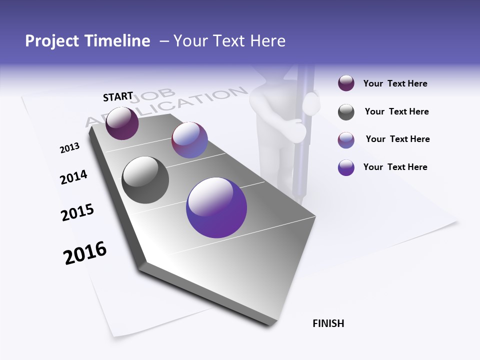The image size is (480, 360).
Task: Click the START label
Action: click(x=118, y=96)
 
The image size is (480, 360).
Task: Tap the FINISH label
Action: click(x=328, y=323)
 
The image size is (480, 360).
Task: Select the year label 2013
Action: click(x=69, y=148)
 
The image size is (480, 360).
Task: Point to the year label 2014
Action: click(x=73, y=177)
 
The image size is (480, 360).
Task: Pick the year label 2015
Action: click(x=77, y=212)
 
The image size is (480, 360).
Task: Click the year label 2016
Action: click(x=85, y=253)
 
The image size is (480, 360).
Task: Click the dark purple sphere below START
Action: click(x=122, y=123)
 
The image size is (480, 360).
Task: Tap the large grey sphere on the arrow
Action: click(x=145, y=180)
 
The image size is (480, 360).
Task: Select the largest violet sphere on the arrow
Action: click(x=216, y=207)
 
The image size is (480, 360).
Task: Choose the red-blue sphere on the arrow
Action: click(x=189, y=140)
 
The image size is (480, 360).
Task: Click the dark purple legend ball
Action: click(x=346, y=83)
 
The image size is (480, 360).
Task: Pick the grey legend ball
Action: click(x=346, y=112)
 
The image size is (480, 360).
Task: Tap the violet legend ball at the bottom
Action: click(x=346, y=167)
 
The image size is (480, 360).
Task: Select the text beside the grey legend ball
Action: click(x=396, y=112)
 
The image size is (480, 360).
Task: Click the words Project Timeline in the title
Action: click(x=87, y=41)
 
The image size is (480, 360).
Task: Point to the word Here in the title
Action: click(x=267, y=41)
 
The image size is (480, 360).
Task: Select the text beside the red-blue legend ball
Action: click(x=397, y=139)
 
